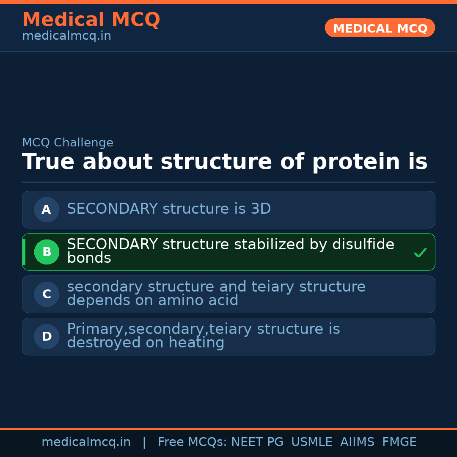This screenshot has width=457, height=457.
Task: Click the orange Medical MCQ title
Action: point(91,20)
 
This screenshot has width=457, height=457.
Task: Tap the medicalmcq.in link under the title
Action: point(66,36)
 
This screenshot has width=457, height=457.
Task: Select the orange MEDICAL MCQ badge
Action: point(380,28)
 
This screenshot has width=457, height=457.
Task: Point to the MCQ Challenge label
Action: point(68,143)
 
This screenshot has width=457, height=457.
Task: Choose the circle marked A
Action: point(47,209)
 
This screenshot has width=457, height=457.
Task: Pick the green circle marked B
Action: point(47,252)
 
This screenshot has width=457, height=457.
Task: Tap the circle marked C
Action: point(47,294)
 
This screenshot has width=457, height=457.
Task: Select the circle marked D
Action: point(47,336)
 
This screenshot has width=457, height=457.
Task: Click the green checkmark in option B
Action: point(420,253)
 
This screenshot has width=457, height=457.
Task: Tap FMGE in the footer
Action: point(399,442)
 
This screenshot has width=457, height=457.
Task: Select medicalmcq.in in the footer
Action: point(86,442)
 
